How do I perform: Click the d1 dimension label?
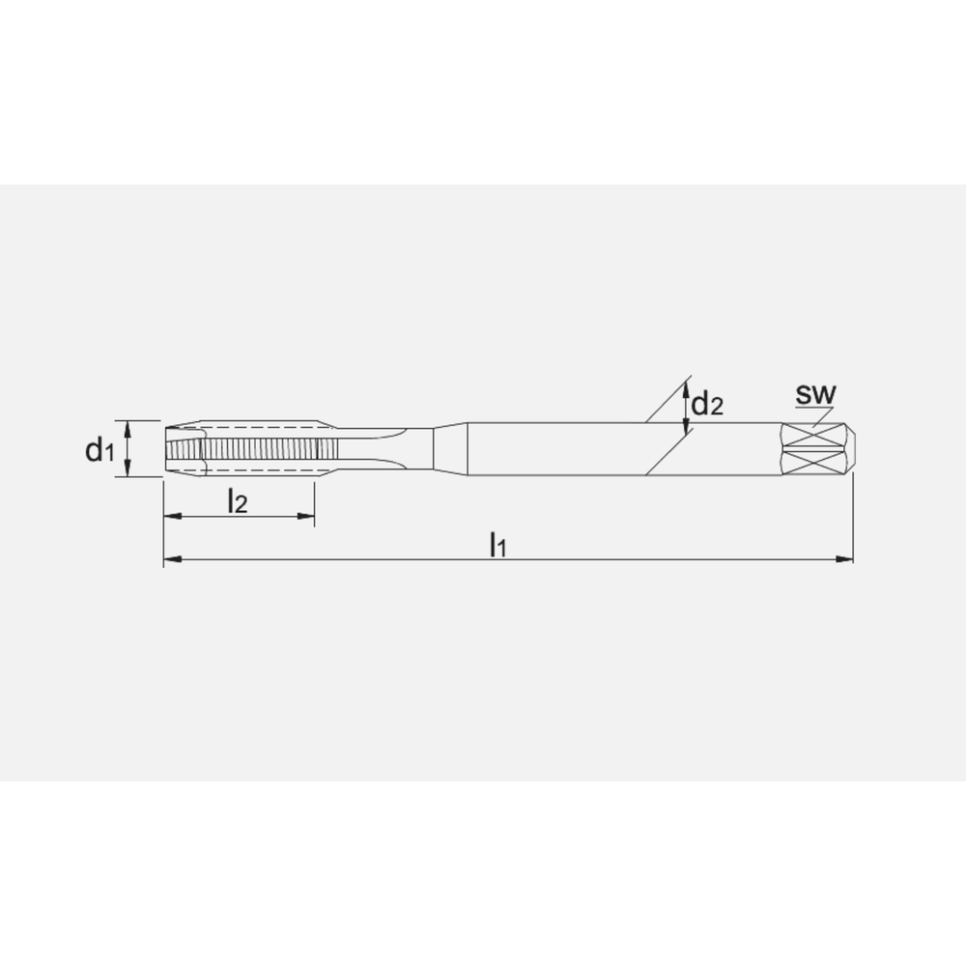coord(99,450)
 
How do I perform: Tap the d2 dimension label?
coord(707,404)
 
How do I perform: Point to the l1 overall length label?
coord(497,544)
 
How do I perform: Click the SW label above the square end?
coord(815,394)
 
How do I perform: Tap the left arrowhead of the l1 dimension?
coord(173,559)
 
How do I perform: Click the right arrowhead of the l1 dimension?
coord(844,559)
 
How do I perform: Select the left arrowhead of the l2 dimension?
coord(173,516)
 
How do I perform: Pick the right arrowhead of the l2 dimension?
coord(305,516)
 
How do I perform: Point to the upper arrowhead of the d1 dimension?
coord(128,430)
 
